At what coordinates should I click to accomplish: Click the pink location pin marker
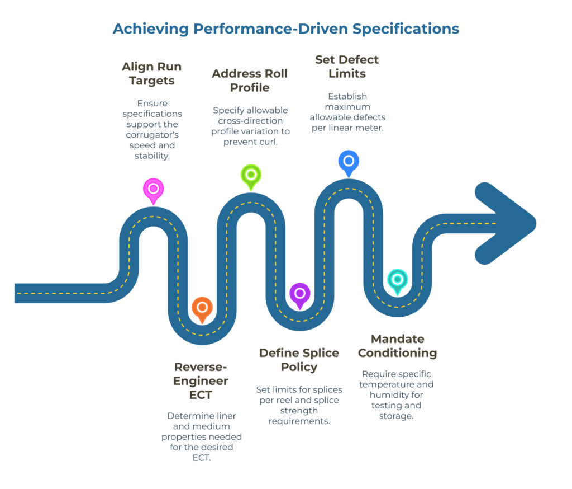click(x=153, y=190)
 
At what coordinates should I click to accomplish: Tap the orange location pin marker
click(x=202, y=308)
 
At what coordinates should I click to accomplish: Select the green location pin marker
click(x=251, y=175)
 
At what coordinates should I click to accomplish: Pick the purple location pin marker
click(x=299, y=294)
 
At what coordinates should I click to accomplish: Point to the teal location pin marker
click(x=397, y=280)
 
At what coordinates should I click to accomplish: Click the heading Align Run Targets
click(x=152, y=74)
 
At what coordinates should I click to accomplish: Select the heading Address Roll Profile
click(x=249, y=81)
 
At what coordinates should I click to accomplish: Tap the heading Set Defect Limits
click(x=347, y=67)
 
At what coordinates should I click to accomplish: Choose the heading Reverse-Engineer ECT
click(x=201, y=381)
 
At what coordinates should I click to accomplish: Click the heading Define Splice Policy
click(x=299, y=360)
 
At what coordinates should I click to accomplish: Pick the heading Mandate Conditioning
click(x=397, y=346)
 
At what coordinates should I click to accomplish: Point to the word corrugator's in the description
click(x=152, y=135)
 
